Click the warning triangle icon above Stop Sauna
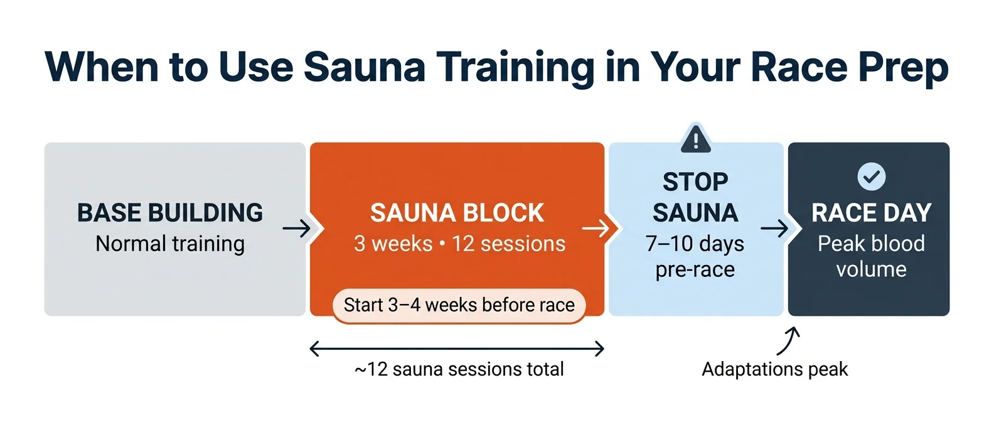[695, 139]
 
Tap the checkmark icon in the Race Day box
[871, 176]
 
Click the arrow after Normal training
[296, 228]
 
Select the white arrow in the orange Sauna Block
[596, 228]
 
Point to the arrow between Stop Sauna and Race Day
[774, 228]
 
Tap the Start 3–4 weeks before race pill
[459, 305]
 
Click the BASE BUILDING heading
[170, 213]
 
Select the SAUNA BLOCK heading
[457, 213]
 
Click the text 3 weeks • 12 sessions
[459, 244]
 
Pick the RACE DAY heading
[871, 213]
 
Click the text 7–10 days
[695, 244]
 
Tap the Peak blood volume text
[871, 256]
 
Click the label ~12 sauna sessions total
[459, 369]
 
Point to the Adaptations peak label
[774, 369]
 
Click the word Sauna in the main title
[365, 67]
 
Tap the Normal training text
[170, 244]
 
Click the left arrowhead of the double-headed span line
[314, 349]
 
